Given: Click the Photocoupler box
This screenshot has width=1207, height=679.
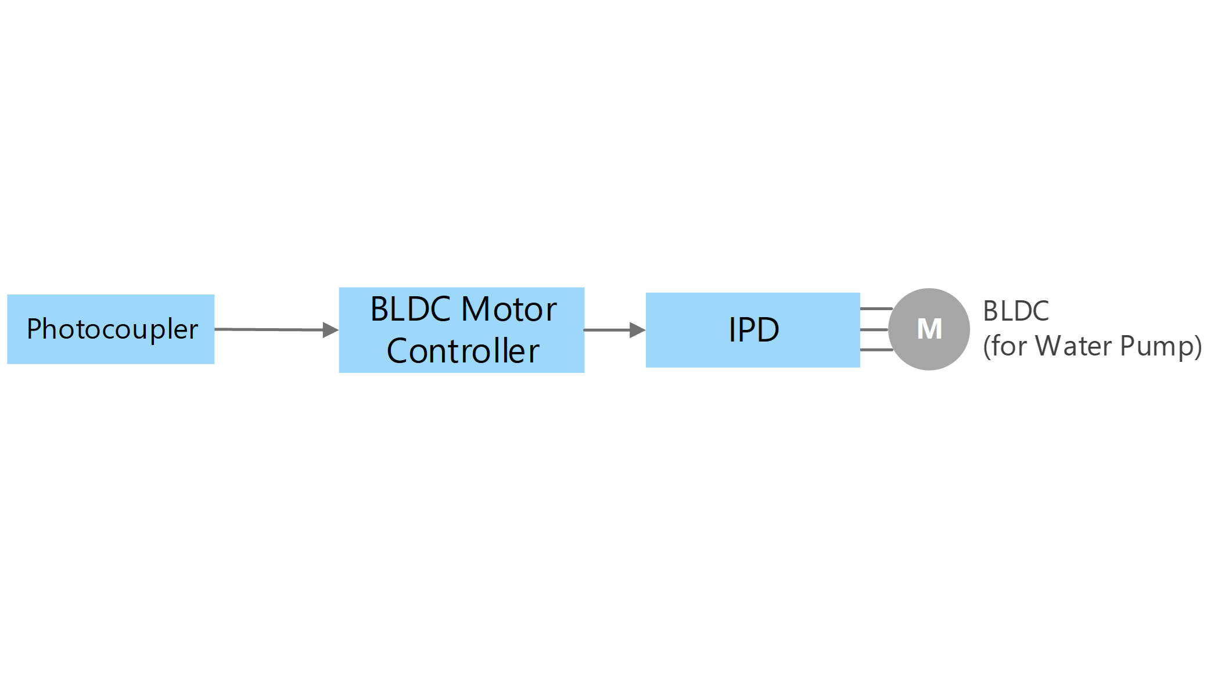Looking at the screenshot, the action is (x=110, y=329).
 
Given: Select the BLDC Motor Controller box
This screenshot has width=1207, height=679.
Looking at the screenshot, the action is (x=461, y=330).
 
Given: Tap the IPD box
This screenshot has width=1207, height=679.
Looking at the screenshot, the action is (x=753, y=330).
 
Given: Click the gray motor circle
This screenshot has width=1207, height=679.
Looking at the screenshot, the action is (x=929, y=329).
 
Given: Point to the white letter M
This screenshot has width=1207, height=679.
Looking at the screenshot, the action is (x=929, y=329).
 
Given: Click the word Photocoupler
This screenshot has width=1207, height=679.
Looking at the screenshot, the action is (x=112, y=330).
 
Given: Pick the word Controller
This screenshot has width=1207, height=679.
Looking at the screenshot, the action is (x=463, y=351).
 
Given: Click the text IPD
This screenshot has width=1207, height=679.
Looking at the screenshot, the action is (x=753, y=330).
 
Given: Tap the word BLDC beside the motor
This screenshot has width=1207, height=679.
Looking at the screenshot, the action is (x=1016, y=311).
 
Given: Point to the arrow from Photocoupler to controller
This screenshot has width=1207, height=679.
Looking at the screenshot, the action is (x=276, y=330).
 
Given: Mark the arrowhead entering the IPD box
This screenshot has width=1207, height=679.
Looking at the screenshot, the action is (x=638, y=330).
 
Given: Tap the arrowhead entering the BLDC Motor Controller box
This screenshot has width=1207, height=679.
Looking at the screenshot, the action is (x=331, y=330).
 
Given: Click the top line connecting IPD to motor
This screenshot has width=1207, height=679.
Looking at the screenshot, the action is (x=876, y=308).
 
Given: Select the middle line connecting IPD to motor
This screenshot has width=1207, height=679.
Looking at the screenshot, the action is (x=875, y=329).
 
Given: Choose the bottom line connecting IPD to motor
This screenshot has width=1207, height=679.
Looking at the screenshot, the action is (x=876, y=350).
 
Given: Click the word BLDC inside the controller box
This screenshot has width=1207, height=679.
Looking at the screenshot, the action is (x=411, y=309).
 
